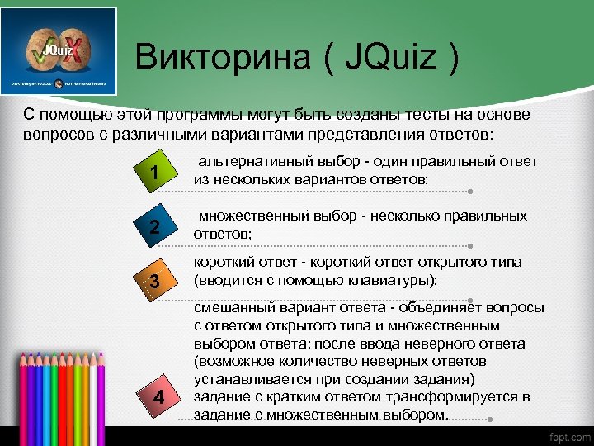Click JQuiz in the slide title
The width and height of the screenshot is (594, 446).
[385, 59]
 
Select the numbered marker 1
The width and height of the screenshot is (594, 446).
[155, 172]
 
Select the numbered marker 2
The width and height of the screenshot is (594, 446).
[155, 227]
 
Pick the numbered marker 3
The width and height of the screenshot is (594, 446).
[155, 283]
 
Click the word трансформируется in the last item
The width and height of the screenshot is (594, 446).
[450, 397]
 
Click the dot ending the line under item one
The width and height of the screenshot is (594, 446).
[469, 192]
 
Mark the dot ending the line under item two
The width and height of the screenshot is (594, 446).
[469, 245]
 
